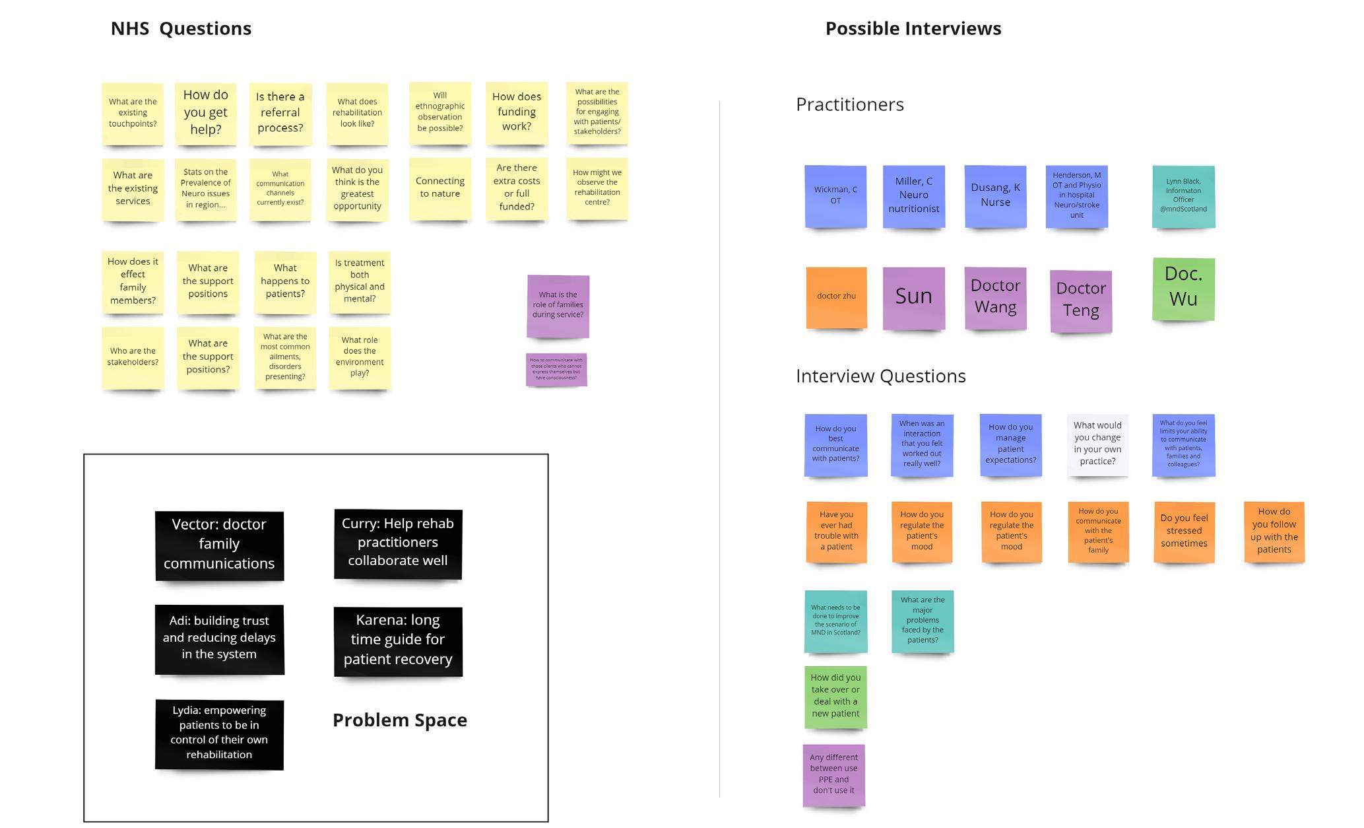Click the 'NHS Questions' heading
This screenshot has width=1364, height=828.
181,28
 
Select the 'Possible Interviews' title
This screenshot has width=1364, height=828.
913,28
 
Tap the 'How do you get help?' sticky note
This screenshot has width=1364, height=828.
205,113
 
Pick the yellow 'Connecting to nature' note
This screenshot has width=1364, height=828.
440,188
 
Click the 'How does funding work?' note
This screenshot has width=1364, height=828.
517,112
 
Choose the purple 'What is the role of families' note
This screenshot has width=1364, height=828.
558,306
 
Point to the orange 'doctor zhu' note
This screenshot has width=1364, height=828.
836,296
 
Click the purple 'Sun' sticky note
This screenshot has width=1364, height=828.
914,297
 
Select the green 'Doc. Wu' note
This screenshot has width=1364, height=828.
1183,288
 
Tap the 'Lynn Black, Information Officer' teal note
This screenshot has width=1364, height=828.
1183,195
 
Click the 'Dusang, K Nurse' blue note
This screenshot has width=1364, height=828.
995,195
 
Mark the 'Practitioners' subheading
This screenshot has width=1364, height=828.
850,104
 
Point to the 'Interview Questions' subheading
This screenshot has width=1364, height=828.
881,376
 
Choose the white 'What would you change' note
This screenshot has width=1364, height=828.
1097,444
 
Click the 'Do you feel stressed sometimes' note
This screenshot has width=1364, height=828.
1184,532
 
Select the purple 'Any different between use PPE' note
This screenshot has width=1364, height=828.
833,775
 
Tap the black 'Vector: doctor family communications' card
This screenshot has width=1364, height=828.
219,545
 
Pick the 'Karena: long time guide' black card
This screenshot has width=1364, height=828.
398,640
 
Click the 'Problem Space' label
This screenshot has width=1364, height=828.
400,720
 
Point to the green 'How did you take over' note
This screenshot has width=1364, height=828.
835,696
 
